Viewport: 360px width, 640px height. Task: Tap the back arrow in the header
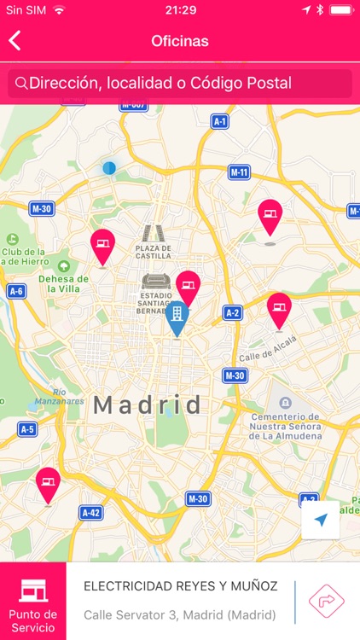[15, 40]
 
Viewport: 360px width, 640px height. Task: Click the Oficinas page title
[180, 40]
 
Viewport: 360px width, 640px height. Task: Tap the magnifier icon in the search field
[21, 84]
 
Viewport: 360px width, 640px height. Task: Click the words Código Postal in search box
[251, 84]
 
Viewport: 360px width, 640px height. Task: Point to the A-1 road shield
[220, 122]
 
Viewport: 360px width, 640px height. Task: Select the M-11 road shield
[240, 172]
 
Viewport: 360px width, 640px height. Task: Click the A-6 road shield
[16, 291]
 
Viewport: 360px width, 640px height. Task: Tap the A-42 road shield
[90, 512]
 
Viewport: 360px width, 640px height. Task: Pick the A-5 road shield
[27, 429]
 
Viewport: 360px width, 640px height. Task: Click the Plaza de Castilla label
[154, 251]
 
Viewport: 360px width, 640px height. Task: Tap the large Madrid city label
[148, 404]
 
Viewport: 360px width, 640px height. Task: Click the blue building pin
[177, 317]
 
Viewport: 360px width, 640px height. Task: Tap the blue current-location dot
[109, 168]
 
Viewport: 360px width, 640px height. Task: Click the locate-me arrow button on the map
[321, 520]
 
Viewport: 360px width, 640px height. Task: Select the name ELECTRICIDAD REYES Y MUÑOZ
[180, 586]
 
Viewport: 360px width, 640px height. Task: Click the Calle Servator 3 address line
[179, 614]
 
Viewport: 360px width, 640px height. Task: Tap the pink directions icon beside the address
[325, 600]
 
